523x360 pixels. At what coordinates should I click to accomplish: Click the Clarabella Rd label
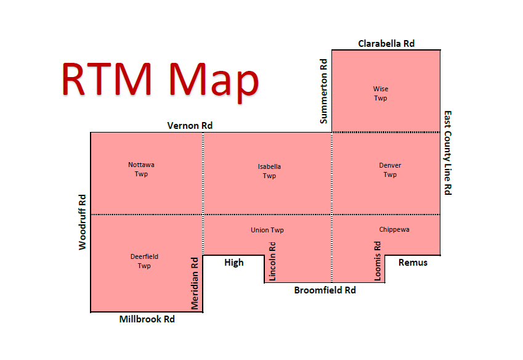point(386,43)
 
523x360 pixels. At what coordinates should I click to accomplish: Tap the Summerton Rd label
point(324,91)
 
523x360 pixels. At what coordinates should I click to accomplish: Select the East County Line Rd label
point(448,153)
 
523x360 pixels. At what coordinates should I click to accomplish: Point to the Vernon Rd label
point(190,125)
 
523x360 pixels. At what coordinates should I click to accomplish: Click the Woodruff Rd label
point(83,222)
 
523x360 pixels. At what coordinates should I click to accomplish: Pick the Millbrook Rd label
point(147,319)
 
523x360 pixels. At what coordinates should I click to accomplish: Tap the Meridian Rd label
point(195,283)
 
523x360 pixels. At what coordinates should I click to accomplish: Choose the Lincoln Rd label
point(272,261)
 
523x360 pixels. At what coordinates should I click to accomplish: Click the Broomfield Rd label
point(325,290)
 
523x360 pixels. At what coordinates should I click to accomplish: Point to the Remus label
point(413,263)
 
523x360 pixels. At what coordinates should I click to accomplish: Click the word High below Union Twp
point(234,263)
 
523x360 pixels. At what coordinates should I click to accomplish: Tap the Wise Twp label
point(381,94)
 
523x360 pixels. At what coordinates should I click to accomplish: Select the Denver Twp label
point(390,170)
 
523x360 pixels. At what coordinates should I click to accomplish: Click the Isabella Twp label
point(269,171)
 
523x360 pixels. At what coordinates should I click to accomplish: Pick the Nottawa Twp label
point(141,170)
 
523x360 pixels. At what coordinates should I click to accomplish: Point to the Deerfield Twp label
point(144,261)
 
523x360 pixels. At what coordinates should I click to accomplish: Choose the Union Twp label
point(267,230)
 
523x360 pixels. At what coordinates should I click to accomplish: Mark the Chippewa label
point(394,229)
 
